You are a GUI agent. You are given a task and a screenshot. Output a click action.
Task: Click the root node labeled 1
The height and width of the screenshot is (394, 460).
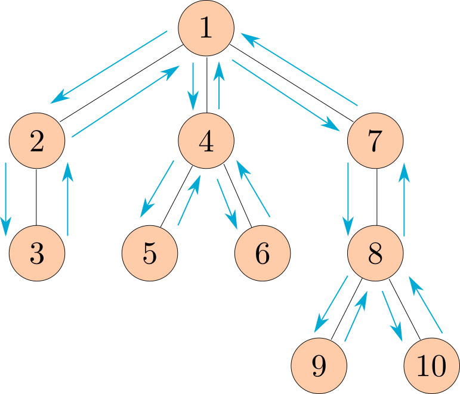pyautogui.click(x=206, y=29)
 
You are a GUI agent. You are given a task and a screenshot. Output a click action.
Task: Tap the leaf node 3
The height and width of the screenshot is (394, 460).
pyautogui.click(x=36, y=254)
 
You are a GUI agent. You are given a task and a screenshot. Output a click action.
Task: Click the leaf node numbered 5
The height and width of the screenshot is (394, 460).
pyautogui.click(x=150, y=254)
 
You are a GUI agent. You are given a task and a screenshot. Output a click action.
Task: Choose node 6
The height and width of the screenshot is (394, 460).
pyautogui.click(x=263, y=254)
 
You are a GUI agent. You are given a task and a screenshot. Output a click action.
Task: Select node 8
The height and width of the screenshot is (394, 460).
pyautogui.click(x=375, y=254)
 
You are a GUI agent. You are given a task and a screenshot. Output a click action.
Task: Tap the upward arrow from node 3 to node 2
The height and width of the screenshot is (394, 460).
pyautogui.click(x=67, y=199)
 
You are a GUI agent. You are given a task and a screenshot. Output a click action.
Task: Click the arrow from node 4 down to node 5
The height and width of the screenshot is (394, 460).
pyautogui.click(x=157, y=189)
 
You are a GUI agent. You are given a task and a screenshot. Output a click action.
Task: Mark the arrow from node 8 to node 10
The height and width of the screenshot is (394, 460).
pyautogui.click(x=391, y=315)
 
